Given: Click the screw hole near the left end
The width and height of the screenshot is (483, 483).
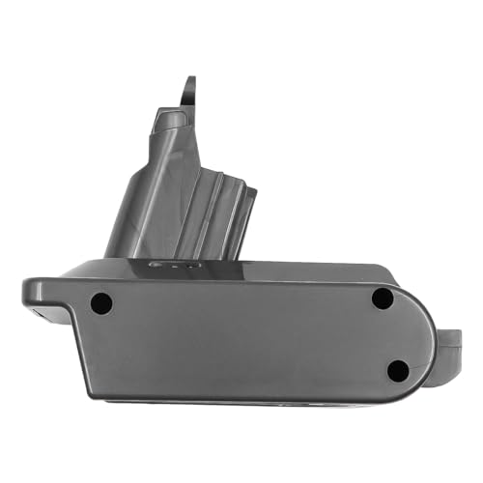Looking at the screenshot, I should pos(100,303).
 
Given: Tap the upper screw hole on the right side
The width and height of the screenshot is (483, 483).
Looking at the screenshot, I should pos(383,299).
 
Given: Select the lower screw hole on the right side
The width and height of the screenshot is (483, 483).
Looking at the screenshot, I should pos(397,369).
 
